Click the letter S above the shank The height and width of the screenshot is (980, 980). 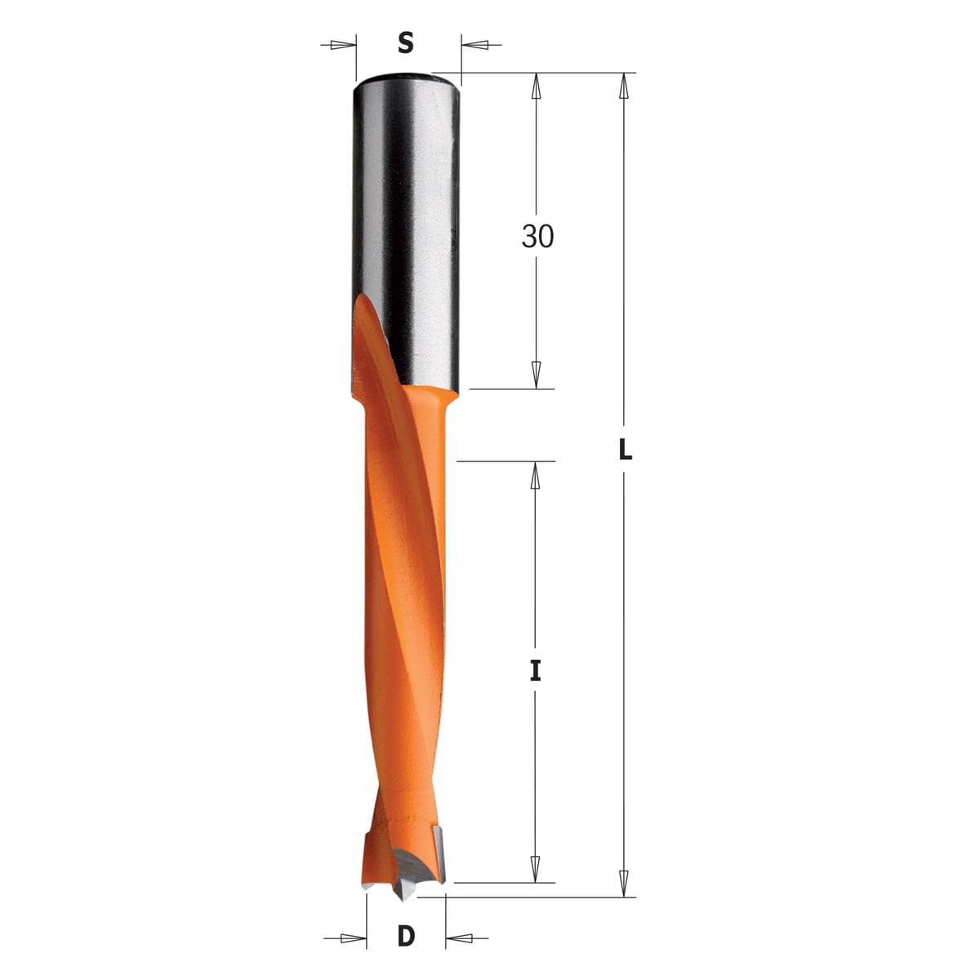(405, 43)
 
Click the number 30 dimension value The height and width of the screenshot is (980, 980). (537, 237)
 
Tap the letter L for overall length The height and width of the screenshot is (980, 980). (625, 449)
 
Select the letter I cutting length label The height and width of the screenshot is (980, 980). (535, 670)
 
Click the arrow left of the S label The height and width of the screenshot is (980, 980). (338, 45)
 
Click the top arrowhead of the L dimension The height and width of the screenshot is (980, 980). (624, 87)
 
